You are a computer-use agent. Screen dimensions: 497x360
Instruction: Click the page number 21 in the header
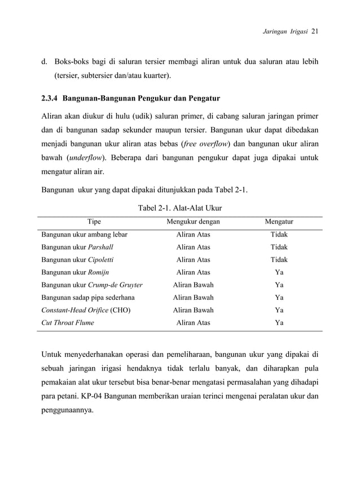(315, 32)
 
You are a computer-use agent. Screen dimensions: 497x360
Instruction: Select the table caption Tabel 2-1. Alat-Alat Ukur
(180, 208)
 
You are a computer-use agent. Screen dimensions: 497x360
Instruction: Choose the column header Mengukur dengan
(193, 222)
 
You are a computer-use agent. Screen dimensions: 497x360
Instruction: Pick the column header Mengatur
(279, 222)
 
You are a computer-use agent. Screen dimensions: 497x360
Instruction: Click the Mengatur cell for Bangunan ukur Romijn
(279, 272)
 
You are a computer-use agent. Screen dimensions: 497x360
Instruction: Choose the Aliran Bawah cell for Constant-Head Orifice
(193, 310)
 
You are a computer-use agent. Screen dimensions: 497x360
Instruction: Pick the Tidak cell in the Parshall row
(279, 247)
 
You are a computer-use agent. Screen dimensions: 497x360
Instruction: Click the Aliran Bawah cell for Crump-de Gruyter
(193, 285)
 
